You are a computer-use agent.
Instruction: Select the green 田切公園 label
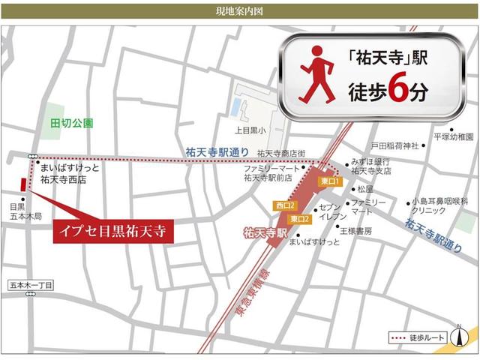(x=71, y=122)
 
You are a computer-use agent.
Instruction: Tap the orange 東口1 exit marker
(x=330, y=181)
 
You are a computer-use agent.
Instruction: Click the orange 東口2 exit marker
(x=300, y=218)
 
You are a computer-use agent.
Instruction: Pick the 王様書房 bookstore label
(x=356, y=231)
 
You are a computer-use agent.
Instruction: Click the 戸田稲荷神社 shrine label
(x=394, y=145)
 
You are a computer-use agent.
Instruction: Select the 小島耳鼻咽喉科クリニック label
(x=431, y=207)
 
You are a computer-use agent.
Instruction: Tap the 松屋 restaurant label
(x=365, y=189)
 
